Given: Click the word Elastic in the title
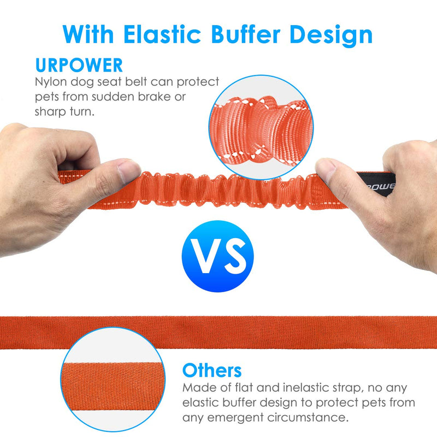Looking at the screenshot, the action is pyautogui.click(x=162, y=34).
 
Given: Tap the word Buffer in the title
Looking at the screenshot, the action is pyautogui.click(x=245, y=34).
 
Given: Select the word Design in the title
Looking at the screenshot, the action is pyautogui.click(x=331, y=35).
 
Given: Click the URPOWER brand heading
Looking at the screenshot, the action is pyautogui.click(x=79, y=65).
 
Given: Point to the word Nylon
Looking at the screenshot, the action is pyautogui.click(x=51, y=82).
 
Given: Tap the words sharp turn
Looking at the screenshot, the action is pyautogui.click(x=64, y=112).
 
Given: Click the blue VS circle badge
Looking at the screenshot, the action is pyautogui.click(x=217, y=256).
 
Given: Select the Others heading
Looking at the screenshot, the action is pyautogui.click(x=212, y=370).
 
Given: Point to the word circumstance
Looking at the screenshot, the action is pyautogui.click(x=308, y=417).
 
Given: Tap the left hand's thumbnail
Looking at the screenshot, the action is pyautogui.click(x=129, y=169).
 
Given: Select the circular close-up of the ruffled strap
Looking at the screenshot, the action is pyautogui.click(x=261, y=127).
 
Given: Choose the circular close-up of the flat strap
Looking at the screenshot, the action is pyautogui.click(x=113, y=379).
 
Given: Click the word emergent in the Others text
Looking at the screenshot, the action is pyautogui.click(x=235, y=418).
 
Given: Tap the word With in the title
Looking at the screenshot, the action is pyautogui.click(x=88, y=34).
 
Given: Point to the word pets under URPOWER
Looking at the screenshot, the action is pyautogui.click(x=47, y=97).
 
